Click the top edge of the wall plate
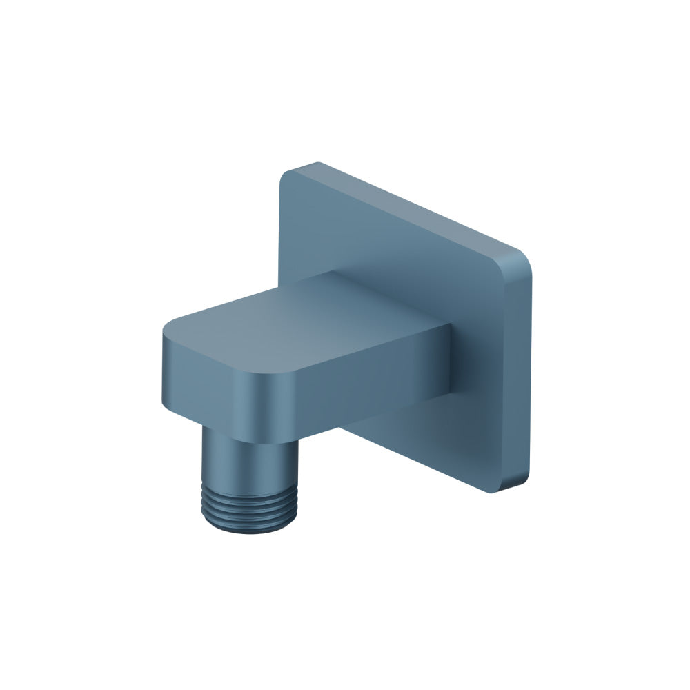[x=414, y=207]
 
